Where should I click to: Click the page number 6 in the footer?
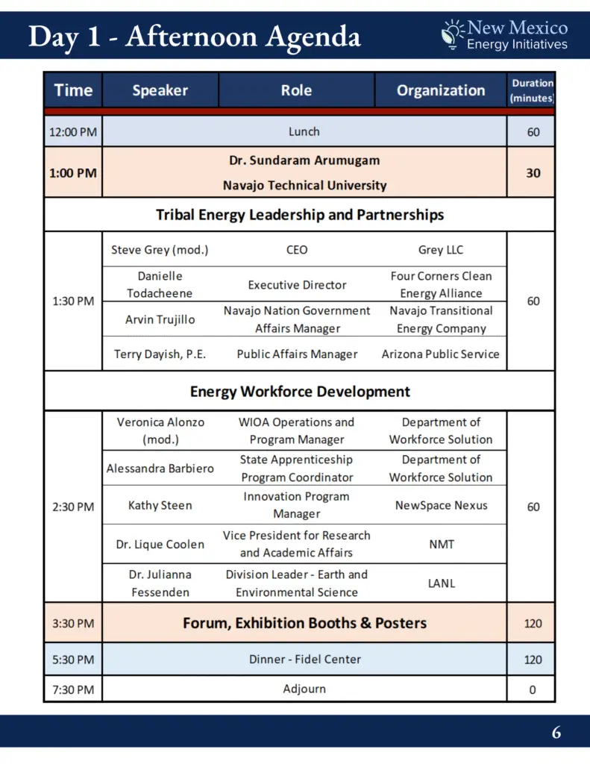556,733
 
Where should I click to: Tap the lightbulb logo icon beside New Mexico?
452,34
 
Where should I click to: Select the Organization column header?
440,90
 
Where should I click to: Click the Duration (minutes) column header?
532,90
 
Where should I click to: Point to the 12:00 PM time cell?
72,133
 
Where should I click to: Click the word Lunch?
304,132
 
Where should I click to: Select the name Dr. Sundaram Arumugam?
304,160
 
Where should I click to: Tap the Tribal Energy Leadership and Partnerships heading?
299,215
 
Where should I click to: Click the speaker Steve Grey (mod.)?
160,250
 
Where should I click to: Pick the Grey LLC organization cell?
440,250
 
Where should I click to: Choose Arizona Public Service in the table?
440,354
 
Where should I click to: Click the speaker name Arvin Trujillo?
160,319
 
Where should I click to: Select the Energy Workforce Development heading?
299,391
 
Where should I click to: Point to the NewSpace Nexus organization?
441,505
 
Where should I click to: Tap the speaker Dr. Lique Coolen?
160,545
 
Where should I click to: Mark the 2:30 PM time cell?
73,507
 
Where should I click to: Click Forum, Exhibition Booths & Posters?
304,623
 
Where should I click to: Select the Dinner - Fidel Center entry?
304,660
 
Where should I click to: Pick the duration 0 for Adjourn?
532,690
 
